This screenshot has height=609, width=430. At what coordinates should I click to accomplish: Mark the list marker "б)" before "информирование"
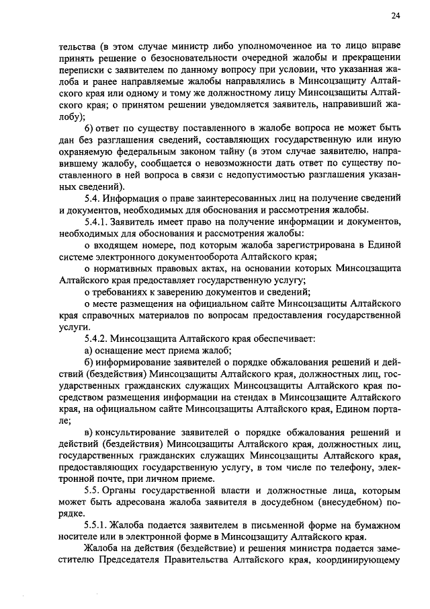tap(89, 363)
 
